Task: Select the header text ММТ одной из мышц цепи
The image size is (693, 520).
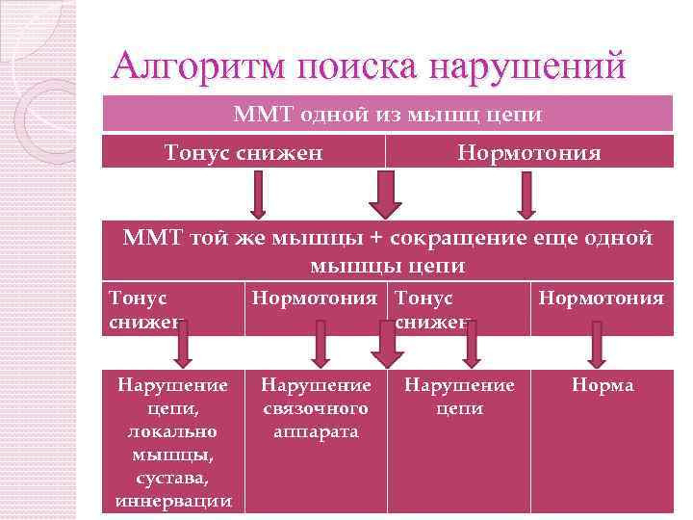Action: (x=387, y=116)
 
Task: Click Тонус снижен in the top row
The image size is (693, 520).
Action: (x=244, y=152)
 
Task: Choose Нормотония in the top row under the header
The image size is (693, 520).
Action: (x=528, y=152)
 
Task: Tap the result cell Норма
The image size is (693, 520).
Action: (x=603, y=385)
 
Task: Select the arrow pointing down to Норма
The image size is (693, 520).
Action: (x=597, y=344)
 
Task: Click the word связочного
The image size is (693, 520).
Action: (x=316, y=408)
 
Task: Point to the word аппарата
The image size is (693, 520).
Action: (x=316, y=431)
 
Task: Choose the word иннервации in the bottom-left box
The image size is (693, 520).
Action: (x=173, y=501)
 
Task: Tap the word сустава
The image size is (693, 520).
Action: (x=173, y=478)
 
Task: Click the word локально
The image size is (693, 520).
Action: (x=173, y=431)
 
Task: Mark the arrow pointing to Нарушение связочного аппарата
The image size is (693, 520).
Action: (x=317, y=344)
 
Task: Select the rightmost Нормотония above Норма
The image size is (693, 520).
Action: (x=602, y=299)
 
